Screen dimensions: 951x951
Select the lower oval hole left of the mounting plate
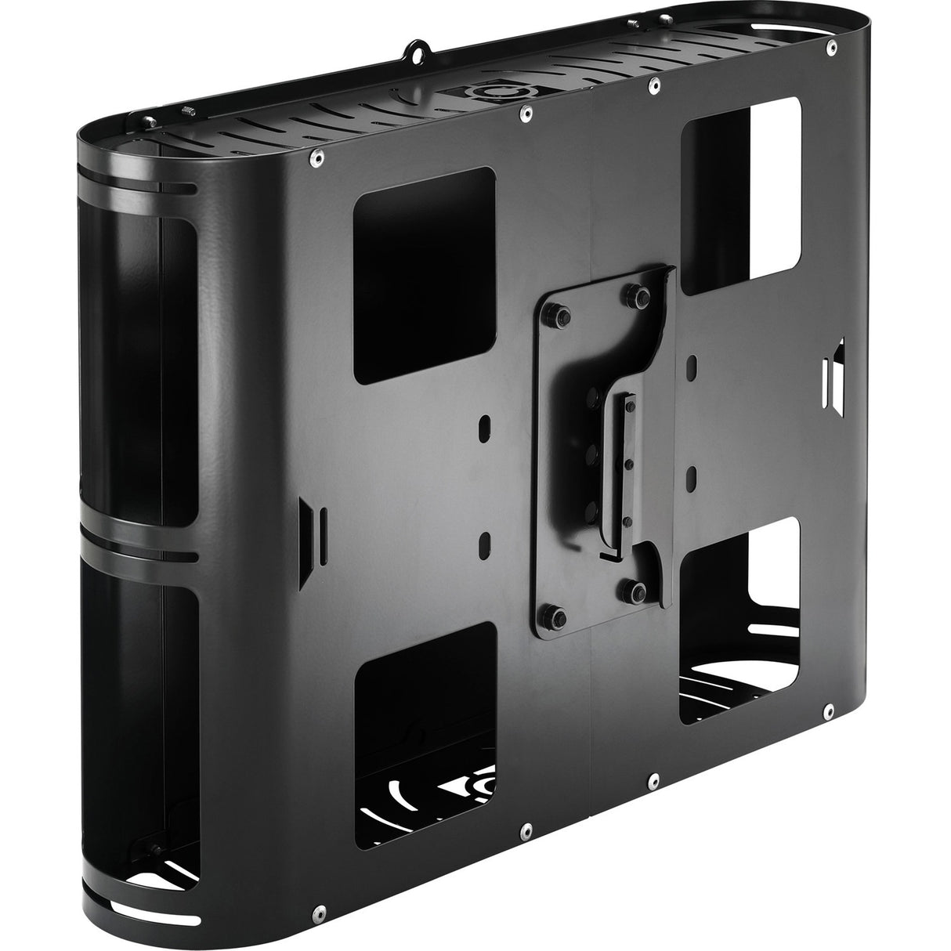485,541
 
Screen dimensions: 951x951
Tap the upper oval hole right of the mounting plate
694,365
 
